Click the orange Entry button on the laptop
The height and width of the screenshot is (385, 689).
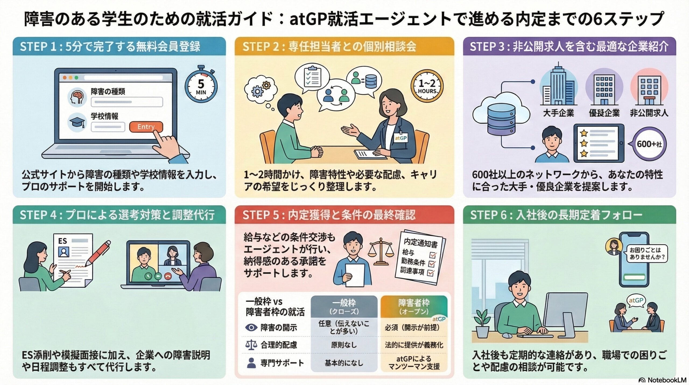[x=146, y=127]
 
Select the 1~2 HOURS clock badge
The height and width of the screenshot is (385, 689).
[x=427, y=86]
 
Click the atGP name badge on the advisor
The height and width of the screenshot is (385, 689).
[x=400, y=138]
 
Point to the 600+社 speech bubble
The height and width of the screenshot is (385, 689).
[x=649, y=144]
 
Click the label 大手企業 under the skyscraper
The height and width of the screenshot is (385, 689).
[x=558, y=113]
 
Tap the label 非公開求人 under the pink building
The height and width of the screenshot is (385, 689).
[x=649, y=113]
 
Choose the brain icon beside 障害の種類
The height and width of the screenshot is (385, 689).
[x=77, y=97]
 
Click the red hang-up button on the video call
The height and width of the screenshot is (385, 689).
[x=168, y=276]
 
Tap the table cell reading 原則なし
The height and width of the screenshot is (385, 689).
[x=344, y=345]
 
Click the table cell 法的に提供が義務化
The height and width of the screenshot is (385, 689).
[x=414, y=345]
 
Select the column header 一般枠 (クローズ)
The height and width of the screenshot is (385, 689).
[x=344, y=306]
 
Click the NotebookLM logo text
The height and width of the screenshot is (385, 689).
[x=666, y=380]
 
